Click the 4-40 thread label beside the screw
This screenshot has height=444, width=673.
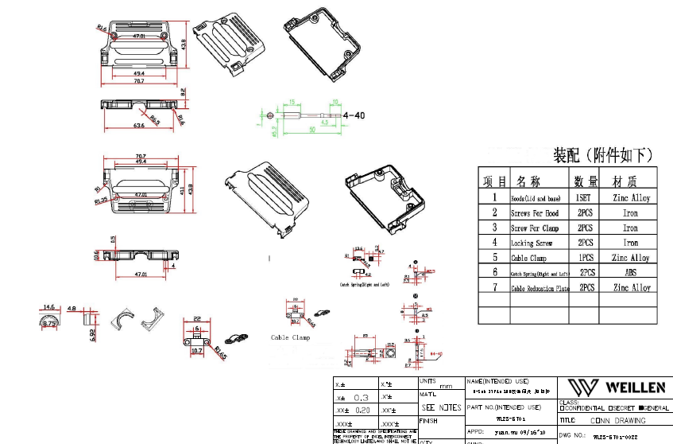click(x=354, y=115)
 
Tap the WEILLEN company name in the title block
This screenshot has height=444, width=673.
click(x=636, y=388)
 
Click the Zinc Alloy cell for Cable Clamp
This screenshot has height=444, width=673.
click(x=630, y=258)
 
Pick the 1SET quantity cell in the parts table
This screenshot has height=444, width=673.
click(x=582, y=197)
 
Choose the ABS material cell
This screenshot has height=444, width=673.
click(x=630, y=272)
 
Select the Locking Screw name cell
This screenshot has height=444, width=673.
click(x=532, y=243)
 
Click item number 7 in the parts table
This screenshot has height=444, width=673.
click(x=493, y=287)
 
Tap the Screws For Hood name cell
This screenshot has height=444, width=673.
click(x=534, y=212)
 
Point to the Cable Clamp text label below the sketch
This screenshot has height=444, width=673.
click(x=290, y=337)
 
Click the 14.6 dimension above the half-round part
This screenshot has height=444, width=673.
click(x=49, y=307)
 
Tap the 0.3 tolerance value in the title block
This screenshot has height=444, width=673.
click(x=361, y=397)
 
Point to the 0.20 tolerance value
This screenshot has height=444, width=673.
click(x=362, y=410)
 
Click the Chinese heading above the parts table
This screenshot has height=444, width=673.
click(x=603, y=154)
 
